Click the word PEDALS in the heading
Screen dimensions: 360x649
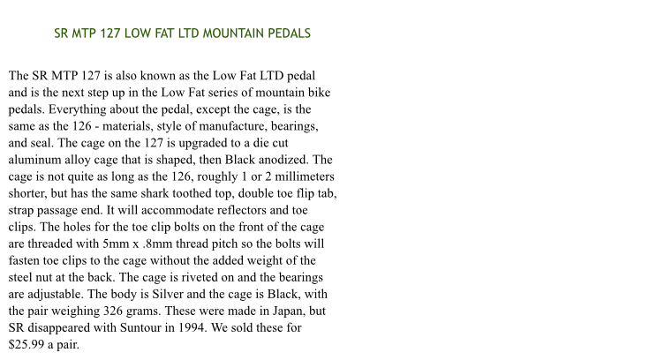(x=288, y=34)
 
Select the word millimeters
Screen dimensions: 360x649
(x=291, y=176)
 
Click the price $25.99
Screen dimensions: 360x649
(x=28, y=344)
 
